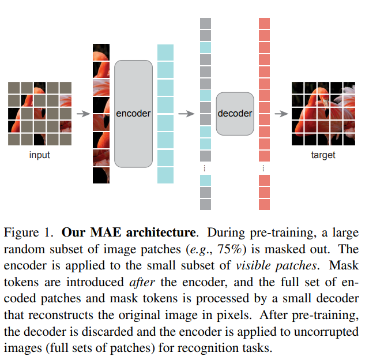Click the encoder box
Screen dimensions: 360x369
tap(133, 114)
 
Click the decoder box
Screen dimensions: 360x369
tap(235, 114)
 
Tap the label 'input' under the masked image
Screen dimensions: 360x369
tap(39, 155)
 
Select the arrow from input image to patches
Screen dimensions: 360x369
tap(83, 114)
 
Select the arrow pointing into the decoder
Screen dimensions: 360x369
tap(186, 114)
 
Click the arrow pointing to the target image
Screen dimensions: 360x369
tap(281, 114)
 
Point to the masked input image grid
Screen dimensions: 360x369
tap(40, 114)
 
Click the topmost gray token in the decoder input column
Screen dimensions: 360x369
tap(205, 23)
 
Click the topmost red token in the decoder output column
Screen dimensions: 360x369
tap(264, 23)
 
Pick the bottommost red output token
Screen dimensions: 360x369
tap(264, 204)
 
